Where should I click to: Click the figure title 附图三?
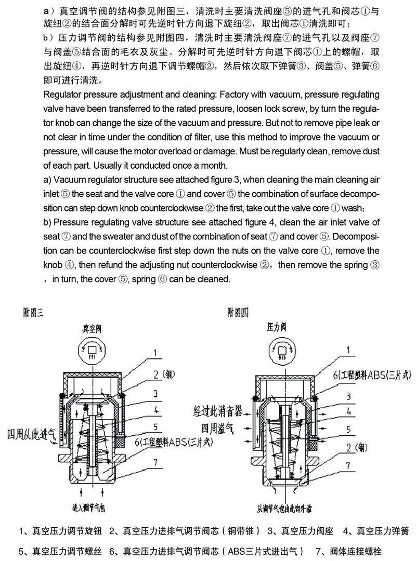click(x=34, y=312)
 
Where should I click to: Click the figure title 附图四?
click(x=238, y=312)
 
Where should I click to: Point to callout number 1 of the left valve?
click(x=154, y=353)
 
